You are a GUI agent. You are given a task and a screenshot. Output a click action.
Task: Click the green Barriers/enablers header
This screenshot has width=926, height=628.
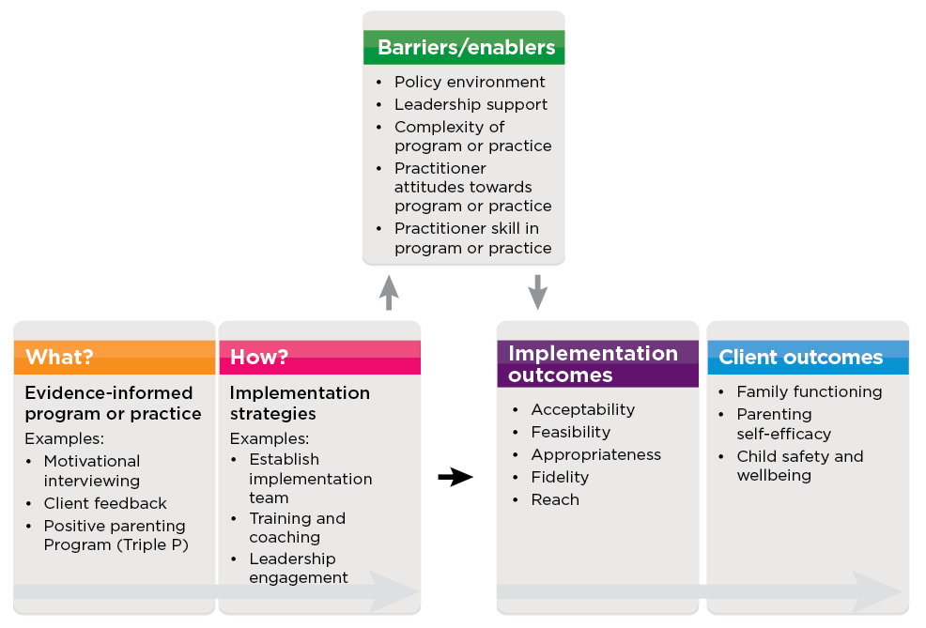tap(465, 47)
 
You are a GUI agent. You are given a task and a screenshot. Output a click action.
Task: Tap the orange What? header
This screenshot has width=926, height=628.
tap(114, 357)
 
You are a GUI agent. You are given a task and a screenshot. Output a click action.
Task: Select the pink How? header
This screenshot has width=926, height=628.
tap(319, 357)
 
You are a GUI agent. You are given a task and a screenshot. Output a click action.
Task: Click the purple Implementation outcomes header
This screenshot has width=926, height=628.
tap(597, 364)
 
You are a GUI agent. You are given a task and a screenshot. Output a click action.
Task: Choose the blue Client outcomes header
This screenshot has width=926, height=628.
tap(807, 357)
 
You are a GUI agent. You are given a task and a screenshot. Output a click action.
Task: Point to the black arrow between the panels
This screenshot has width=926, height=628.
tap(455, 477)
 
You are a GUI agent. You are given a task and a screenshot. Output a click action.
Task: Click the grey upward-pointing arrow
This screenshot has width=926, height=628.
tap(389, 292)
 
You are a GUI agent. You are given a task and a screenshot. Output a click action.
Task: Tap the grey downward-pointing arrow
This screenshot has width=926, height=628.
tap(537, 292)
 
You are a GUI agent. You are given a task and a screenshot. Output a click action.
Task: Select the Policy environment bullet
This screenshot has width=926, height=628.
tap(469, 82)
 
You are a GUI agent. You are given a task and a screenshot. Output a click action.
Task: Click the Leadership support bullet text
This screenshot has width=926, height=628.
tap(471, 104)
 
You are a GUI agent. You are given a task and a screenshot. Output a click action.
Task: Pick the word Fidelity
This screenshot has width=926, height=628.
tap(560, 477)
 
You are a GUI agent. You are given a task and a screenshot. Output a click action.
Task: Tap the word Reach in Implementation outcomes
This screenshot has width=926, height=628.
tap(555, 499)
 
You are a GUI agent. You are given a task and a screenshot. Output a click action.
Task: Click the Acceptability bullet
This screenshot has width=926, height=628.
tap(582, 409)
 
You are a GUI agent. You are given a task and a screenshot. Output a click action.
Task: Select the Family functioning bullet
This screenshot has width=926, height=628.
tap(809, 391)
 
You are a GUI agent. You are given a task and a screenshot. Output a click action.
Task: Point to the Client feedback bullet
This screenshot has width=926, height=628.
tap(105, 503)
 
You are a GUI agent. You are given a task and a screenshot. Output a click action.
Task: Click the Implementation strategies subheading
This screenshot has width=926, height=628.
tap(300, 403)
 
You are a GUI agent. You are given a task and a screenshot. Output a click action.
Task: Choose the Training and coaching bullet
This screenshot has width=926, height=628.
tap(297, 528)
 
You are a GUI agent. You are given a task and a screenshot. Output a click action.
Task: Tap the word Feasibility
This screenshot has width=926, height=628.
tap(570, 432)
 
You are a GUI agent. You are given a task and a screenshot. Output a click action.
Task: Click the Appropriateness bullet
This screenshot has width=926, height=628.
tap(595, 454)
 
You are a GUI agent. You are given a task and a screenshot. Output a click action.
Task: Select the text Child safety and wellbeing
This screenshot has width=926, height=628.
tap(799, 466)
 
